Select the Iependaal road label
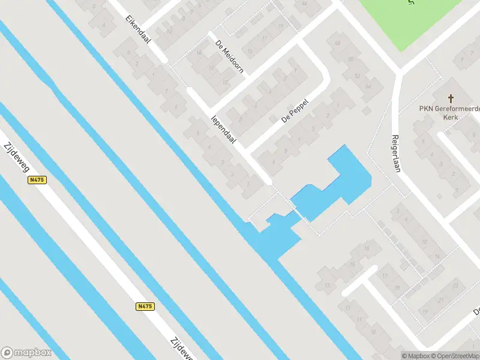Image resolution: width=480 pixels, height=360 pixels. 223,129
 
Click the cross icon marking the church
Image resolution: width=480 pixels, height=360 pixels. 451,98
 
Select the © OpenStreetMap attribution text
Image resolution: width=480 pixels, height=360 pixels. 455,356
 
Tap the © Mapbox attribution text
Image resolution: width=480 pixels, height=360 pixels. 416,356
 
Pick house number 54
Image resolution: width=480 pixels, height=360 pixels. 368,88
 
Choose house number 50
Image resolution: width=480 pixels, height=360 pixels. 349,59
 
